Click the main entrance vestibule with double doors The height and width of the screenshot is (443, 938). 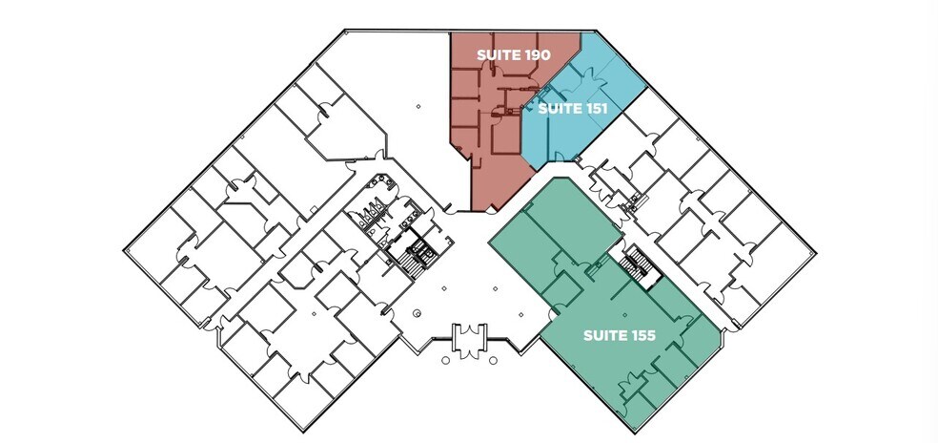click(x=470, y=340)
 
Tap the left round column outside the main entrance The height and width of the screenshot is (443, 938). click(x=445, y=360)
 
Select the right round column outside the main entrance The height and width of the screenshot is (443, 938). click(x=493, y=360)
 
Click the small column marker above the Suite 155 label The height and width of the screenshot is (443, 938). click(x=624, y=314)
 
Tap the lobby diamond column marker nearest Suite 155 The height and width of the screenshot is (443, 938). click(x=521, y=314)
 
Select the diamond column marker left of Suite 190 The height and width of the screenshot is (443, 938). click(x=418, y=107)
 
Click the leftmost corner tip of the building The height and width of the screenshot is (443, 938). click(x=125, y=249)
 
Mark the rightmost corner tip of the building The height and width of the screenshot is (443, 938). click(x=815, y=253)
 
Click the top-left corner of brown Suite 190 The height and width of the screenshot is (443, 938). click(x=450, y=32)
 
